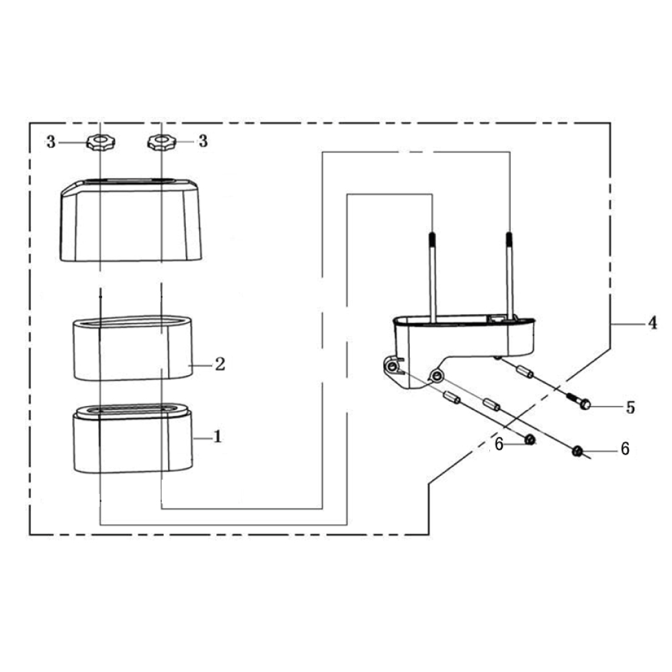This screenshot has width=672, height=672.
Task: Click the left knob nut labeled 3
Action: [101, 142]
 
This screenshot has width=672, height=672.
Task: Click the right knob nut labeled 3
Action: [161, 142]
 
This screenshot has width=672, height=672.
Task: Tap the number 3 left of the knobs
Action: [51, 142]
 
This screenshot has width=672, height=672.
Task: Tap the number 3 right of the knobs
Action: [203, 141]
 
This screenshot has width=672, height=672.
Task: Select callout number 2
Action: [220, 364]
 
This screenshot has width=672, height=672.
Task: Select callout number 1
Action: [218, 437]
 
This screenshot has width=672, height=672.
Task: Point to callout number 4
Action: [653, 323]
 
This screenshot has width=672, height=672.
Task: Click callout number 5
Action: [630, 408]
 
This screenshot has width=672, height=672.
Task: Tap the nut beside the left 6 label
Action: [530, 439]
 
